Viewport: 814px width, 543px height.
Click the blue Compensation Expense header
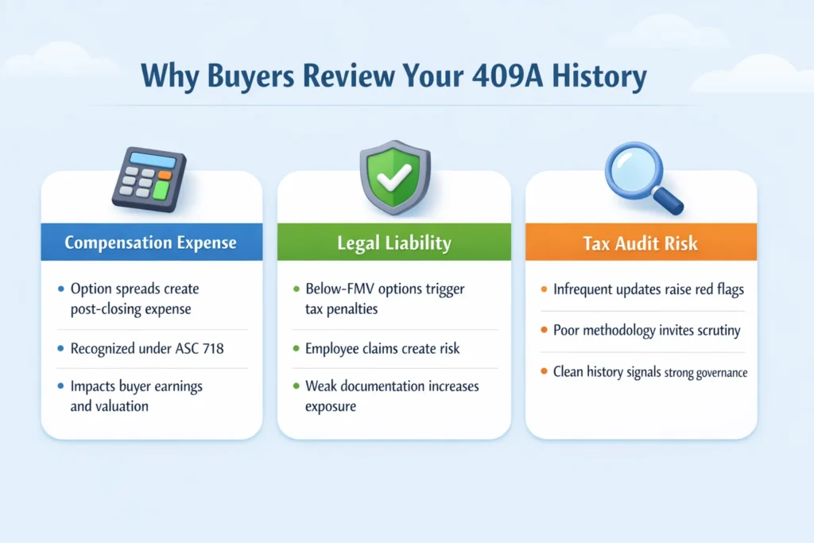pos(151,242)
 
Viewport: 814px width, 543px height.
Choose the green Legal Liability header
pos(394,242)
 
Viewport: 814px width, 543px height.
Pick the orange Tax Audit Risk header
pos(641,242)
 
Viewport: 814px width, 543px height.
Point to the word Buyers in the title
pos(255,76)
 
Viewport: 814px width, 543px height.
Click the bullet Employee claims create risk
pos(382,348)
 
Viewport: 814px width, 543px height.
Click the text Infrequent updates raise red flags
pos(642,289)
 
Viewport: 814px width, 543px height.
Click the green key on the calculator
pos(161,189)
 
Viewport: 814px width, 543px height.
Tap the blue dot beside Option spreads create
pos(61,289)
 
